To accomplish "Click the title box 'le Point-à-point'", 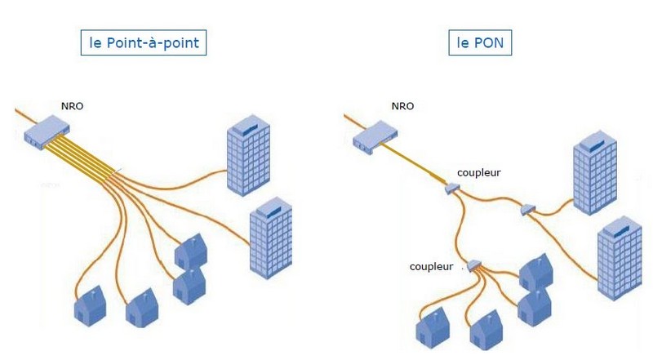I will tap(143, 42).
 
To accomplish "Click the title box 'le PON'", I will tap(480, 42).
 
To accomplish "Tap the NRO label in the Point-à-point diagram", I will tap(73, 105).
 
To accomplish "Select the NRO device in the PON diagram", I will tap(374, 136).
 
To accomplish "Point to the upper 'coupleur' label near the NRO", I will tap(480, 172).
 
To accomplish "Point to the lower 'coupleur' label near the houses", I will tap(432, 267).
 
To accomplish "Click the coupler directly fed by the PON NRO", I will tap(451, 189).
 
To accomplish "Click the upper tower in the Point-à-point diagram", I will tap(248, 155).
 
